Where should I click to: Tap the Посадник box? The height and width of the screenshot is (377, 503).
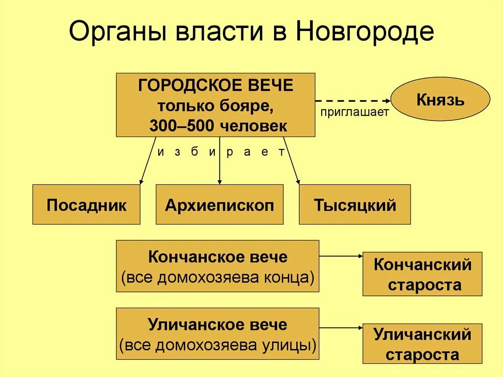[x=86, y=204]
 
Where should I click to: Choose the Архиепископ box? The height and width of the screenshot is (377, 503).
[x=220, y=204]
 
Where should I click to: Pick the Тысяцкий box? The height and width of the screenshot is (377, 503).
[x=355, y=204]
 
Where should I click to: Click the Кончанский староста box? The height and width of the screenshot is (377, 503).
[x=422, y=274]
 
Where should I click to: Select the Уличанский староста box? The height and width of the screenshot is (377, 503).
[x=422, y=344]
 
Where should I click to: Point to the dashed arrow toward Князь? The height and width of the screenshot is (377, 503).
[x=353, y=100]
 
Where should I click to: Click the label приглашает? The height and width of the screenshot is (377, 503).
[x=354, y=112]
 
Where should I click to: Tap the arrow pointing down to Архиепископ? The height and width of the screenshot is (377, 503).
[x=220, y=162]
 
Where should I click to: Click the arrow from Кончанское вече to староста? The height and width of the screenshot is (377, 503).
[x=340, y=256]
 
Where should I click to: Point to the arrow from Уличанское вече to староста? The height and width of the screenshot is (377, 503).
[x=340, y=327]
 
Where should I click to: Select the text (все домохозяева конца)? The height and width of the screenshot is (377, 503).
[x=218, y=278]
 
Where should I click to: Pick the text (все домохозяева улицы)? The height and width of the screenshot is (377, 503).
[x=218, y=346]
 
